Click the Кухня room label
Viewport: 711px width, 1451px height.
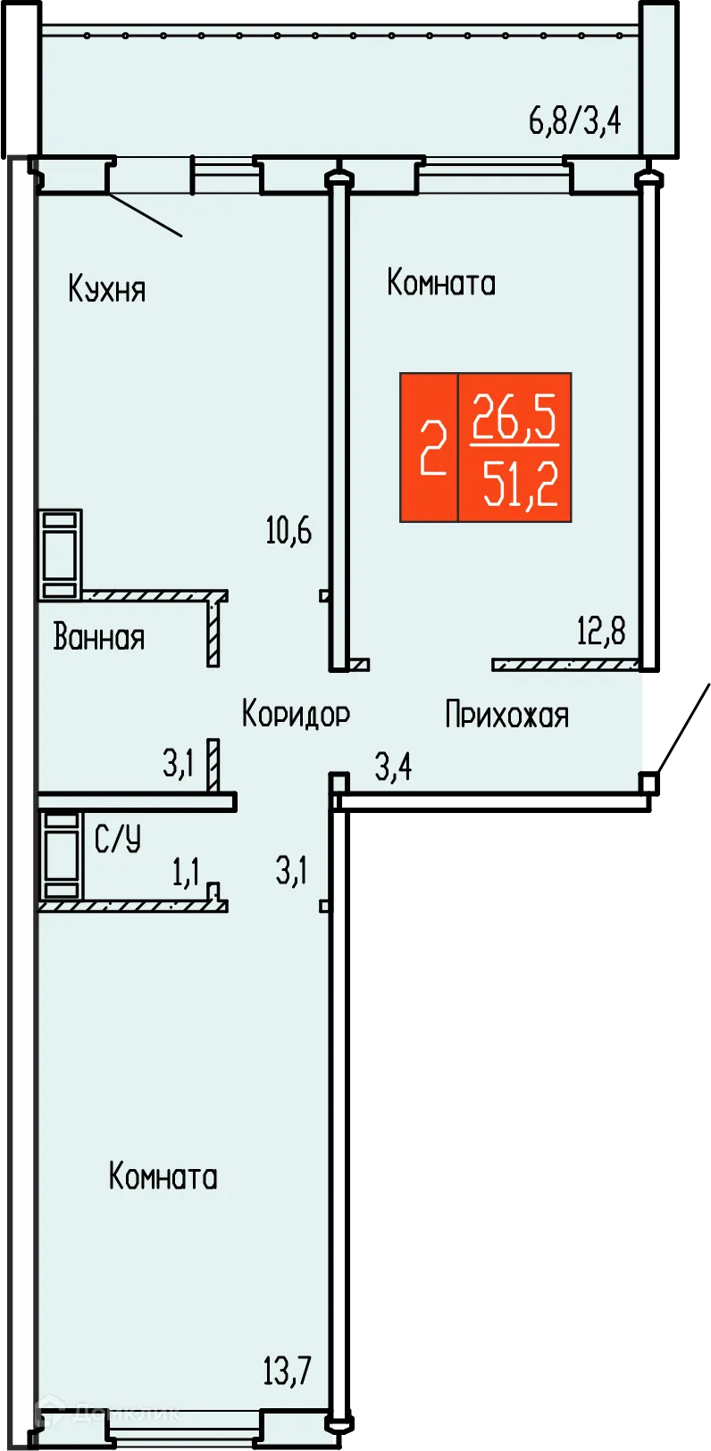click(x=106, y=289)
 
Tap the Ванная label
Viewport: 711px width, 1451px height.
click(x=98, y=637)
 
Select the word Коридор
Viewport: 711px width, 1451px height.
click(x=296, y=714)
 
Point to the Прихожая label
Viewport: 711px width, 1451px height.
click(x=506, y=715)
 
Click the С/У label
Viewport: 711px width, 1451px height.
click(x=118, y=839)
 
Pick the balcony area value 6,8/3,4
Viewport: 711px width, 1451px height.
click(x=574, y=119)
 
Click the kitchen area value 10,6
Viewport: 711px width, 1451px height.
click(x=289, y=530)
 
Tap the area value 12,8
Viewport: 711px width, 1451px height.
click(x=601, y=631)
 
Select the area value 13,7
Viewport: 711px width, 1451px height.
click(x=287, y=1370)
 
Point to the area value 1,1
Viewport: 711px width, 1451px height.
click(x=186, y=872)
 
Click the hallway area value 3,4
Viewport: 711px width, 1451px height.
click(x=393, y=766)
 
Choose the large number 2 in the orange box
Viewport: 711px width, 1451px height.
click(x=433, y=448)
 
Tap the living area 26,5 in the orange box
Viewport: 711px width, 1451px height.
click(x=515, y=417)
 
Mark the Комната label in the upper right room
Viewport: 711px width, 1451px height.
click(x=441, y=283)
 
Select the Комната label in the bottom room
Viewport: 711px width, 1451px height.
click(x=163, y=1176)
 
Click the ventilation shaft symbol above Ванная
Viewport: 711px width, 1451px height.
click(x=60, y=554)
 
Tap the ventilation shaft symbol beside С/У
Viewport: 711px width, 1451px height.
click(x=60, y=855)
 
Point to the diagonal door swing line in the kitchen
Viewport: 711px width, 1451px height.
click(x=145, y=215)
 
